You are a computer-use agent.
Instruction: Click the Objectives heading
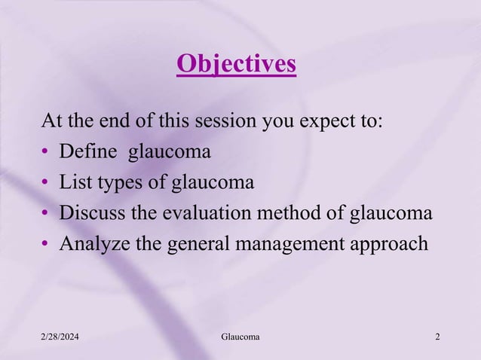click(236, 65)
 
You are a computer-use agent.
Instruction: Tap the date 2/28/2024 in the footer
click(61, 336)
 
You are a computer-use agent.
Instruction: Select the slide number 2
click(438, 336)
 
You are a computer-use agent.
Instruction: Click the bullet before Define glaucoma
click(46, 153)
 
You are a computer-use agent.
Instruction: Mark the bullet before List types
click(46, 184)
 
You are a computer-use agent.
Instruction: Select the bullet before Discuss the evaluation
click(46, 215)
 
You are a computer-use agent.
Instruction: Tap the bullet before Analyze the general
click(46, 246)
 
